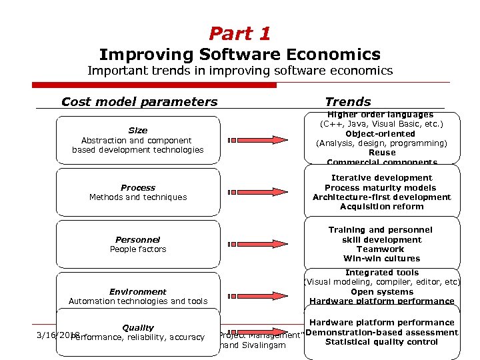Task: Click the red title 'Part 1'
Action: click(240, 33)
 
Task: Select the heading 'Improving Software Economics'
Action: click(240, 55)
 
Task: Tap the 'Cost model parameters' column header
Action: click(139, 102)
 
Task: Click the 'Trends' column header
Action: click(347, 102)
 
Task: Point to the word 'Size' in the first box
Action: click(137, 131)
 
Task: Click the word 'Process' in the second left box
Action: click(137, 188)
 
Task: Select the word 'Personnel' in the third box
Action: click(137, 239)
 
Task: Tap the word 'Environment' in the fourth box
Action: click(137, 292)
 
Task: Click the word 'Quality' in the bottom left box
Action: click(137, 328)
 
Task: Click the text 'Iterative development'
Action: click(381, 178)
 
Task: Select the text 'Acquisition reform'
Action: click(381, 207)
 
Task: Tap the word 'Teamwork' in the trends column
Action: click(381, 249)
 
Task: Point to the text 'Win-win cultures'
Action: click(381, 259)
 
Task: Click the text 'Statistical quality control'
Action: click(381, 343)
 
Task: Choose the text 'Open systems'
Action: click(381, 292)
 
